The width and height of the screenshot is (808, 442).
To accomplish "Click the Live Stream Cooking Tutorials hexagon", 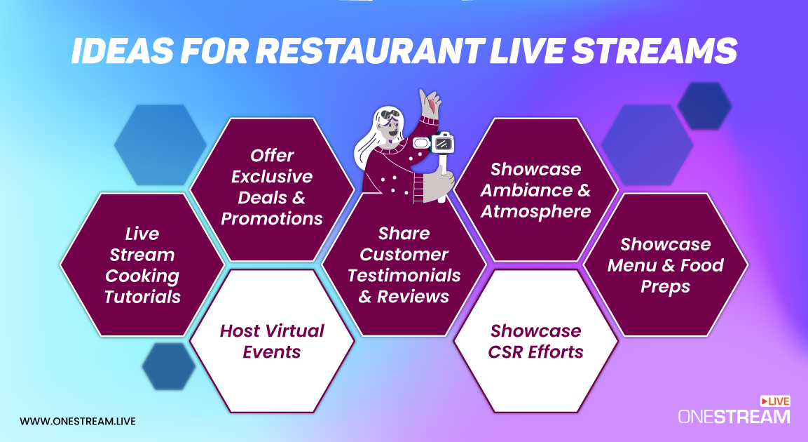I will (142, 265).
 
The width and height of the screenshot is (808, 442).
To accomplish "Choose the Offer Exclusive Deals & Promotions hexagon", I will (272, 187).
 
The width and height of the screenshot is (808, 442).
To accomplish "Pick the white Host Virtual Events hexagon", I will (272, 341).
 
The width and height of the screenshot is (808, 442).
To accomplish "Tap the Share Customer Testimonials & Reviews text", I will (404, 265).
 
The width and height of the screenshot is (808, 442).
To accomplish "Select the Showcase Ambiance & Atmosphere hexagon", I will (536, 190).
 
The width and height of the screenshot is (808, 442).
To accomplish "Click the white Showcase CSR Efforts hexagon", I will (536, 341).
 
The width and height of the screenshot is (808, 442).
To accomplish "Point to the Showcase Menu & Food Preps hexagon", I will (666, 265).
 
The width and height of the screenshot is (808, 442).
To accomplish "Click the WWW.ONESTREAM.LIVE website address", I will (78, 421).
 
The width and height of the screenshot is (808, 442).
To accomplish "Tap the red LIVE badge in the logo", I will (775, 401).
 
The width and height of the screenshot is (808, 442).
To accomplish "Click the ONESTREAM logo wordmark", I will (734, 417).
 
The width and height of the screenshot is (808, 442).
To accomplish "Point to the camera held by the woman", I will (441, 143).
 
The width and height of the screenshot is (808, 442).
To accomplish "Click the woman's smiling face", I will (393, 129).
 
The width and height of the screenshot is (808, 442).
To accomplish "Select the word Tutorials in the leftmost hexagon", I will (142, 297).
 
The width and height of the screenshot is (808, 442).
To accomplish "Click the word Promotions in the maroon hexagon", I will (272, 218).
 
